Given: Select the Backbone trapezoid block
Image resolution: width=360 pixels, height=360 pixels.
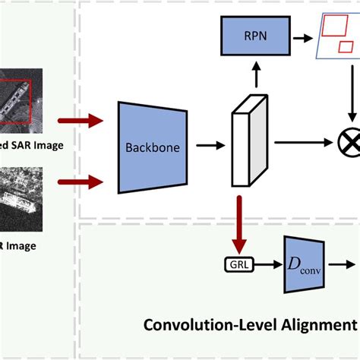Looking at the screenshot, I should [x=153, y=147].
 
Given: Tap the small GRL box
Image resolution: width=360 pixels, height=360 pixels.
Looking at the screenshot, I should [x=242, y=265].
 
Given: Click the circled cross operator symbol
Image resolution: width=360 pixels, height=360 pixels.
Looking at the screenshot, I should [x=350, y=141].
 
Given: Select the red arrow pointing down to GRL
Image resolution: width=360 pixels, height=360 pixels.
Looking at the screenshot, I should [x=242, y=225].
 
